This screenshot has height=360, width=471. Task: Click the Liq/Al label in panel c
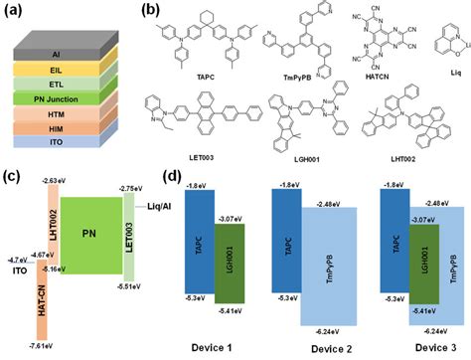pyautogui.click(x=146, y=212)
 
